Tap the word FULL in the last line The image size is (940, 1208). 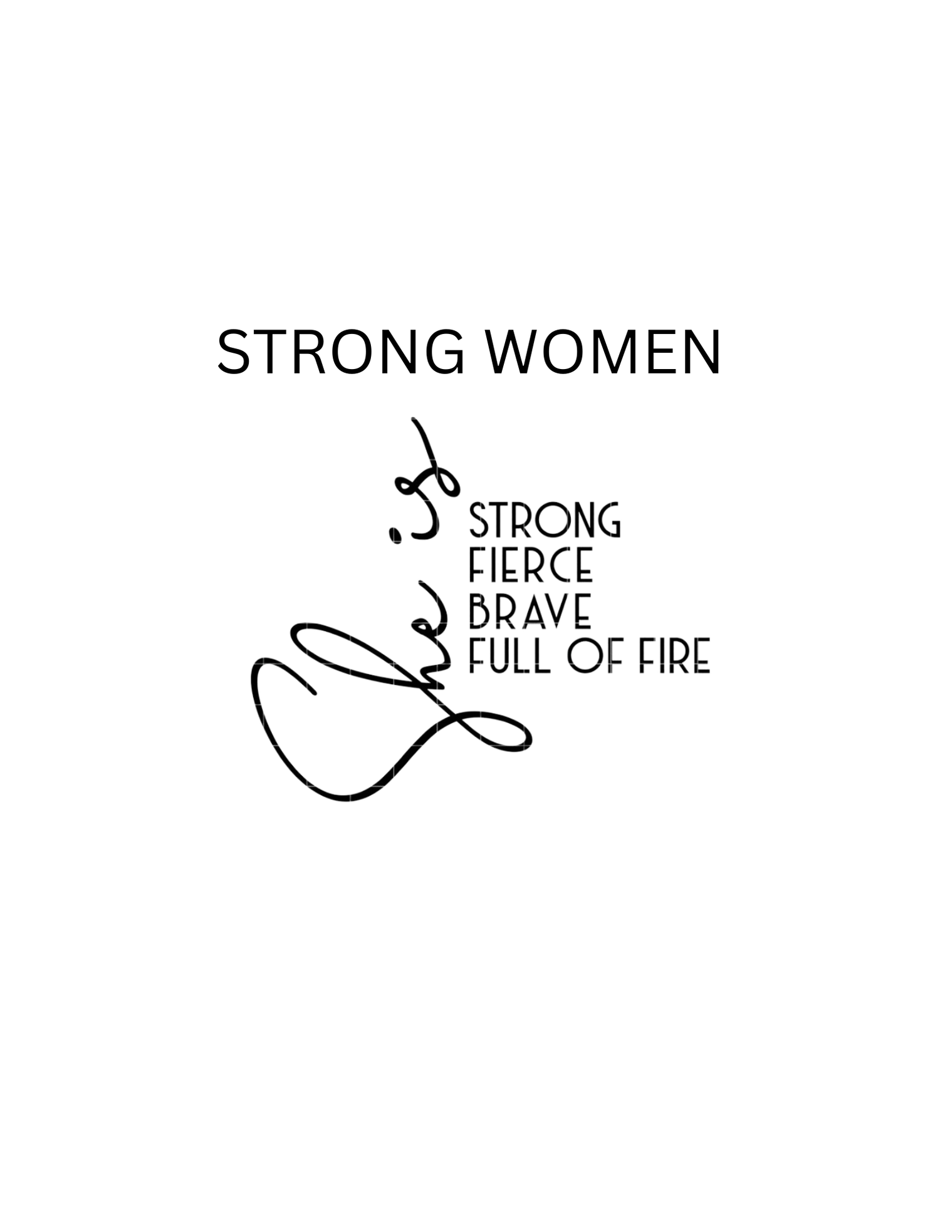click(509, 656)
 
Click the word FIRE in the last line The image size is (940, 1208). click(675, 656)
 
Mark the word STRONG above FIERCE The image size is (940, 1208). click(545, 519)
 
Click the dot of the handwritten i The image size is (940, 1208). click(395, 535)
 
